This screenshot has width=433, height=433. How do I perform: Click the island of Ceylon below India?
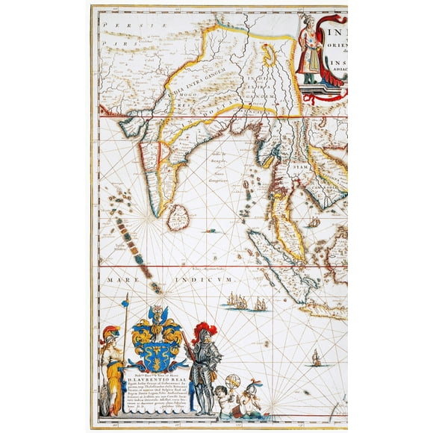176,217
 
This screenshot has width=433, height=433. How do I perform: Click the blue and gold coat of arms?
156,339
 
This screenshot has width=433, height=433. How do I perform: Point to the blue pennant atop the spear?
125,300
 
